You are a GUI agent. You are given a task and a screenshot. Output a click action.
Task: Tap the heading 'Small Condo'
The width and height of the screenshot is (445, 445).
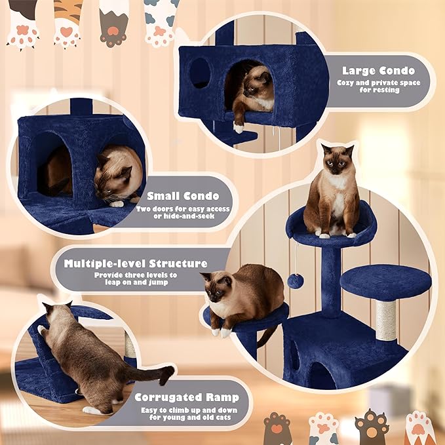click(183, 195)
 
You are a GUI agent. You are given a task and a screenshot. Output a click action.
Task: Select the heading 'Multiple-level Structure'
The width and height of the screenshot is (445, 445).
click(136, 264)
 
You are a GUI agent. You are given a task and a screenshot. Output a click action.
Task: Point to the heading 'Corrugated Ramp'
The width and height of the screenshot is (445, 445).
click(187, 397)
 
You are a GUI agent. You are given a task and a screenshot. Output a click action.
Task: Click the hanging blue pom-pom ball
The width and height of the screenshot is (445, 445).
click(295, 280)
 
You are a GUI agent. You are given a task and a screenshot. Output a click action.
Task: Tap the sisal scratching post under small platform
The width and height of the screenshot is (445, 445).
click(385, 320)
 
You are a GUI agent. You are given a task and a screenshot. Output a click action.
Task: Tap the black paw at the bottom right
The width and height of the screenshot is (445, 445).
click(371, 427)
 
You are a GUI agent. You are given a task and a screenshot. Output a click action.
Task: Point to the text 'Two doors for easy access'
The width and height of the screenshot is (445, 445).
click(183, 208)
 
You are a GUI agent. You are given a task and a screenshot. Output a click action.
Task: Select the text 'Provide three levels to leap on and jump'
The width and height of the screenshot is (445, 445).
click(136, 279)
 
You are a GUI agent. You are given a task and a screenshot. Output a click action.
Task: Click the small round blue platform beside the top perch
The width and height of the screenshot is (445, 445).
click(385, 281)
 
